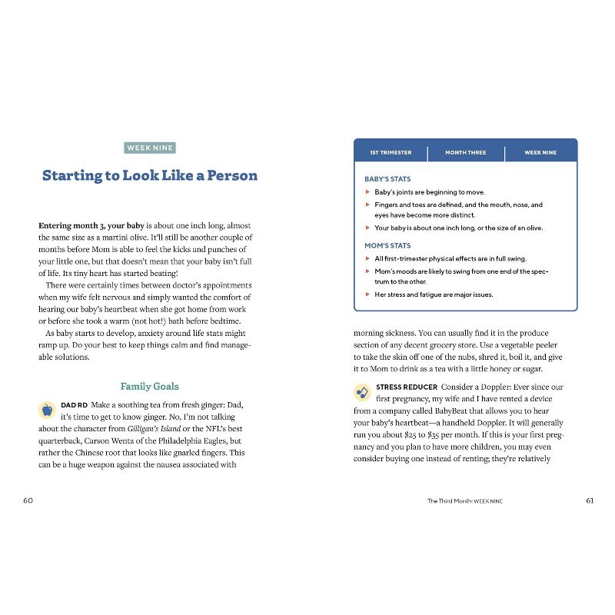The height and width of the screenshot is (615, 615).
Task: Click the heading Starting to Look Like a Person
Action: (x=149, y=175)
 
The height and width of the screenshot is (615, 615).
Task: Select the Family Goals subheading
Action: (x=149, y=386)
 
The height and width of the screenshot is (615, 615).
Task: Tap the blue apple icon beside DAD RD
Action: (x=48, y=409)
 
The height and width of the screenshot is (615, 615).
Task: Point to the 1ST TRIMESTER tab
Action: (x=391, y=153)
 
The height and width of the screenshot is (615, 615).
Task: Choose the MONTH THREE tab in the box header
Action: (x=465, y=153)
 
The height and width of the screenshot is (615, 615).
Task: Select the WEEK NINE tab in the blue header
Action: (x=540, y=153)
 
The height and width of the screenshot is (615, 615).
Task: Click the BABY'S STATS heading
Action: (x=387, y=179)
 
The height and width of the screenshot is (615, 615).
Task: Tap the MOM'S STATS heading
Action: (x=387, y=246)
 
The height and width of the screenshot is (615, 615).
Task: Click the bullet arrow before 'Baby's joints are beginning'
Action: (x=367, y=192)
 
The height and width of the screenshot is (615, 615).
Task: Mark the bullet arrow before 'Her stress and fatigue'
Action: (x=367, y=294)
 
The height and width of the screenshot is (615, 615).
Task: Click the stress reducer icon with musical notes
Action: (x=362, y=392)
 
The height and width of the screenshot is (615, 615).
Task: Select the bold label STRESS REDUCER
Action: (x=407, y=387)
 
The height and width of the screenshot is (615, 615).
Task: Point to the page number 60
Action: (x=28, y=500)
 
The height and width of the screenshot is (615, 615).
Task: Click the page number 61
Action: (x=590, y=500)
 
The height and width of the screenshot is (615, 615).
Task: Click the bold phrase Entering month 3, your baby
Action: (x=91, y=226)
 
